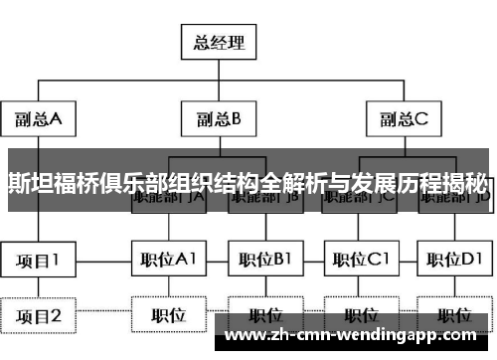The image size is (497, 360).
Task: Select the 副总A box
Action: pyautogui.click(x=37, y=120)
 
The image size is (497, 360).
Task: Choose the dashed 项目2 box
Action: pyautogui.click(x=37, y=316)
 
